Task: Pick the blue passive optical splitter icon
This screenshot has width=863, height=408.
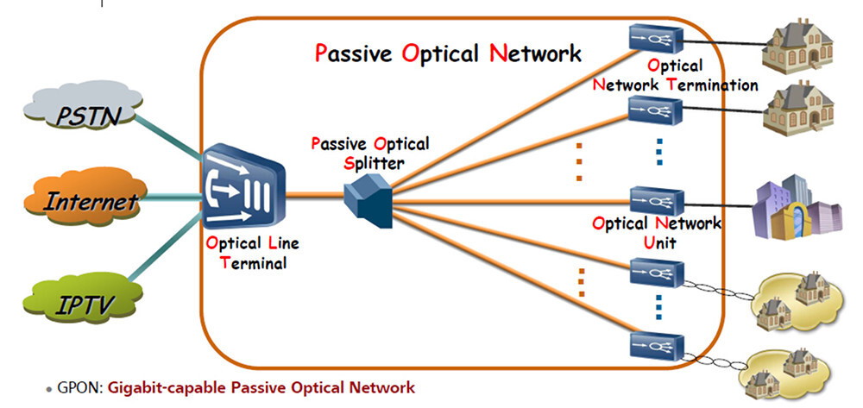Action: pyautogui.click(x=368, y=199)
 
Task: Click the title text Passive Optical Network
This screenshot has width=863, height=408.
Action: pyautogui.click(x=448, y=53)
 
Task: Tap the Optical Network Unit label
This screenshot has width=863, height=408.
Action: pyautogui.click(x=656, y=233)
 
